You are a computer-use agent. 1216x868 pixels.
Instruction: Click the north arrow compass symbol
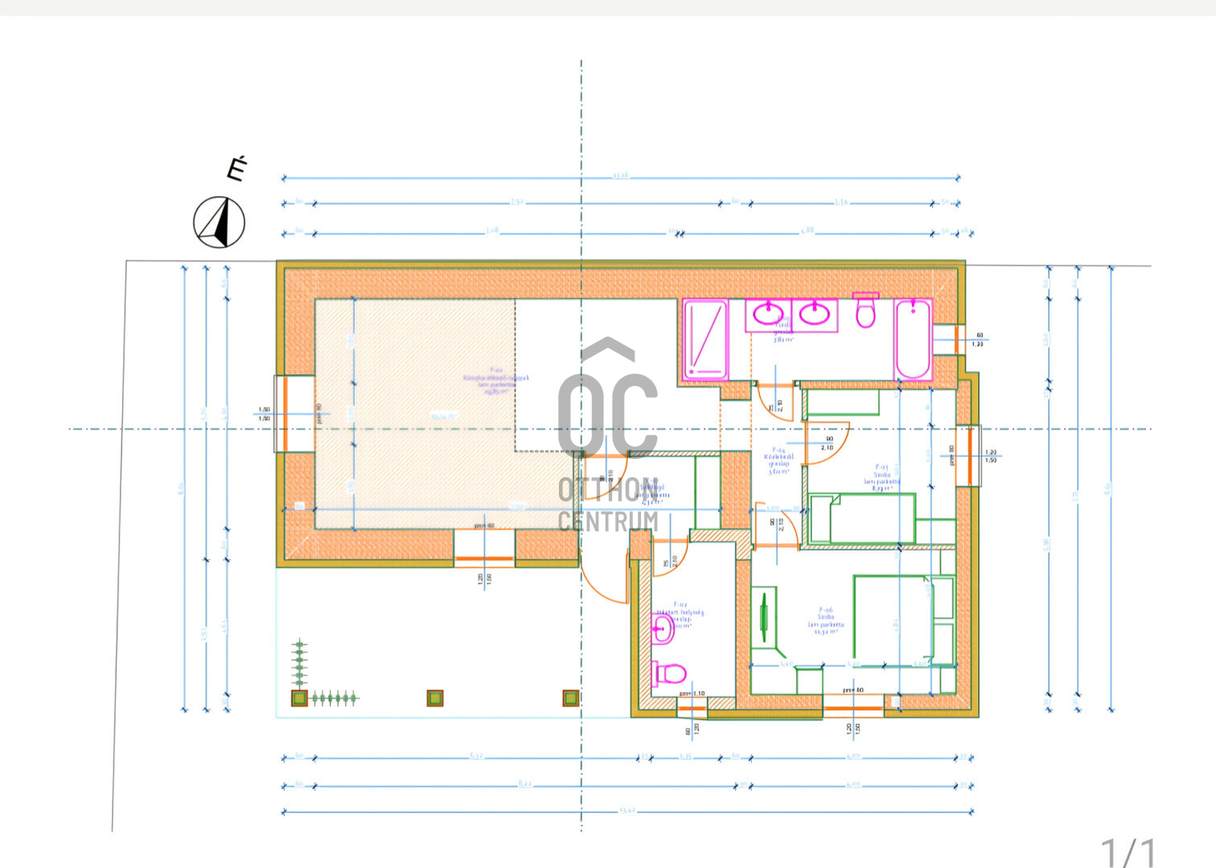220,222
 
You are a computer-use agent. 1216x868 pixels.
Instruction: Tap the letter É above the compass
236,170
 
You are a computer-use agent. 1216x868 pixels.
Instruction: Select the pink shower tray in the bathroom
705,339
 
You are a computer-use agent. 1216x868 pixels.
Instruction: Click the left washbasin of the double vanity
769,314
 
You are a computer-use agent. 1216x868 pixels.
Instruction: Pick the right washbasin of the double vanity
814,314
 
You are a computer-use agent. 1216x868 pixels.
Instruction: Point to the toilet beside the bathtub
865,311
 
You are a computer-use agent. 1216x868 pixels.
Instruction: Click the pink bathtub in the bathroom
913,338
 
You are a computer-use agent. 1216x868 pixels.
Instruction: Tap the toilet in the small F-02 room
669,673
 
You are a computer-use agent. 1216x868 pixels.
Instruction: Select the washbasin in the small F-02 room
662,629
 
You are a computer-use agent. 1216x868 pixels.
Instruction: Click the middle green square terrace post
435,698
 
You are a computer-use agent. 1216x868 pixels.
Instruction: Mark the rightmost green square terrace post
571,698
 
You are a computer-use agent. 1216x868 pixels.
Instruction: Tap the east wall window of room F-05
970,456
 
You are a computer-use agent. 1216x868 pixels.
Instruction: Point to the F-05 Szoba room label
881,477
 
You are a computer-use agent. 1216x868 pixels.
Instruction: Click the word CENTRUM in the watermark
608,522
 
